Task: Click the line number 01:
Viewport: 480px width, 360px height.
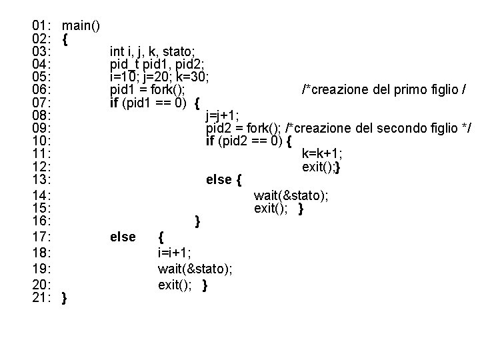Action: (43, 27)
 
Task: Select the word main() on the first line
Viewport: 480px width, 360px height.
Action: (81, 27)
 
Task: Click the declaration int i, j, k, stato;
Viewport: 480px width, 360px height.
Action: (153, 51)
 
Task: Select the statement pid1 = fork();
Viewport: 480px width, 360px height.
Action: (147, 89)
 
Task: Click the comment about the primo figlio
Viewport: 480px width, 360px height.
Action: (383, 89)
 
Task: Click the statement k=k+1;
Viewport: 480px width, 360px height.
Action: (323, 154)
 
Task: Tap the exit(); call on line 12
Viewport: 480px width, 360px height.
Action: (319, 167)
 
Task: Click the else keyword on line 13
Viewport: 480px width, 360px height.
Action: (219, 180)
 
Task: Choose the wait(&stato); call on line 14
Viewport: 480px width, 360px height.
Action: (291, 195)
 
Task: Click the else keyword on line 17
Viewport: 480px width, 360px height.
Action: (123, 237)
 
